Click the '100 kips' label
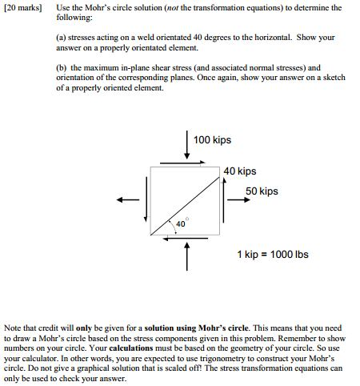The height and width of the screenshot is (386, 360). [x=212, y=140]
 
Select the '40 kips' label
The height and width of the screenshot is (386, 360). [x=240, y=171]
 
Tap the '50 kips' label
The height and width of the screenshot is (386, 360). [x=262, y=191]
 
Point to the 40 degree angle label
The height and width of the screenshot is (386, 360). [x=181, y=224]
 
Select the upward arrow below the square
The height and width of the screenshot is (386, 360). [x=186, y=256]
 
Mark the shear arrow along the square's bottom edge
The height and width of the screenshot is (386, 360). [x=186, y=239]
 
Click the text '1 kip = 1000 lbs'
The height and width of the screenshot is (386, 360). [x=272, y=255]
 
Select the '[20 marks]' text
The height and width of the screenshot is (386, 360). [x=25, y=7]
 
